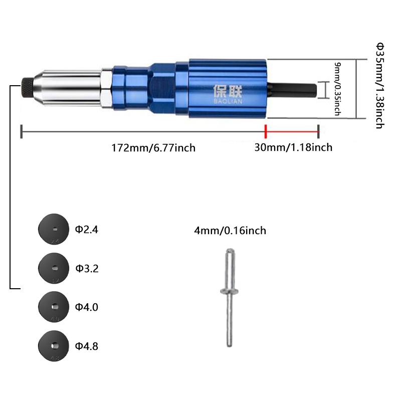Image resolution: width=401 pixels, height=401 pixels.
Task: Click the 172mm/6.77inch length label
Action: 153,147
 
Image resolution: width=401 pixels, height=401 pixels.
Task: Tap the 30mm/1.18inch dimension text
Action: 293,147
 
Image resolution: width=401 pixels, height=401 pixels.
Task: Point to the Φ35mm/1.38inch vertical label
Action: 379,86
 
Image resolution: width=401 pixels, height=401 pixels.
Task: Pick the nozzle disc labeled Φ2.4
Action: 53,229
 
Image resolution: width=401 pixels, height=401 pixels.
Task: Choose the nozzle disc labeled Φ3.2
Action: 53,268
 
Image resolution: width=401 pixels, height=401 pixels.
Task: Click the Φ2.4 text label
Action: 87,230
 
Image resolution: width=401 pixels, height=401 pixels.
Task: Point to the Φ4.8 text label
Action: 87,346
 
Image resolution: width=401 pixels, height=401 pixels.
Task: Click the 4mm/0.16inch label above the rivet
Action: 230,231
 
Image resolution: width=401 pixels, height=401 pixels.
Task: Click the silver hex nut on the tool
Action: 106,88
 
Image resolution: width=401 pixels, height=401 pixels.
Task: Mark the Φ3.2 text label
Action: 87,268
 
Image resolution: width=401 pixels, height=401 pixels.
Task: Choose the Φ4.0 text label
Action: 87,307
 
